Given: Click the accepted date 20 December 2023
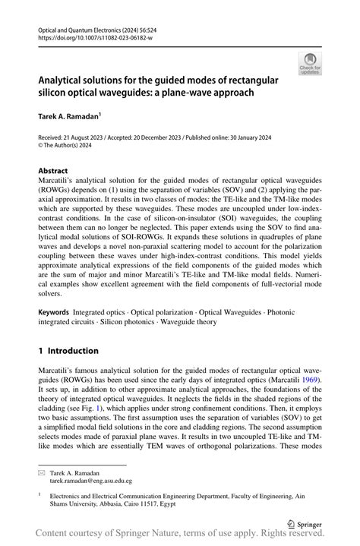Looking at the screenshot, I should point(176,138).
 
